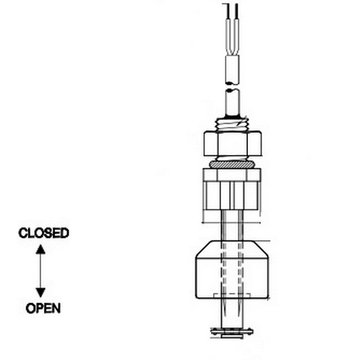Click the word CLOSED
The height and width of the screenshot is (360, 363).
(x=44, y=233)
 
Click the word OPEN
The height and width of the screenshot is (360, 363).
(x=43, y=308)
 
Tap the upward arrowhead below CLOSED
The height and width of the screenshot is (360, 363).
(x=41, y=249)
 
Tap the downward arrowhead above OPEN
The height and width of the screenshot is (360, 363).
(x=41, y=293)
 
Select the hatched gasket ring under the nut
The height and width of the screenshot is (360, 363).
(x=232, y=164)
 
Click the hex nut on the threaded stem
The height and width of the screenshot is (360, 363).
(x=233, y=143)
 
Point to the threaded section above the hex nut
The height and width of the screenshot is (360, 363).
(x=232, y=125)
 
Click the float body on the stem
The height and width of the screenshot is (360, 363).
(x=232, y=270)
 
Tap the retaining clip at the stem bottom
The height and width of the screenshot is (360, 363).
(x=232, y=333)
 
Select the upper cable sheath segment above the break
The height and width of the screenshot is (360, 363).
(x=232, y=69)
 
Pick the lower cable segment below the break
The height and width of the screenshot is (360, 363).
(x=232, y=102)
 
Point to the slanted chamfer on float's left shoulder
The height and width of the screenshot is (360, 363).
(x=203, y=249)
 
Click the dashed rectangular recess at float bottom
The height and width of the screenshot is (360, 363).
(x=232, y=296)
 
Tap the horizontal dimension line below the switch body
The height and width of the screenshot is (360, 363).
(x=232, y=223)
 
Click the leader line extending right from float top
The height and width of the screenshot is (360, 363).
(x=262, y=241)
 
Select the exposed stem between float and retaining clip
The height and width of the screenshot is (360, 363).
(x=232, y=314)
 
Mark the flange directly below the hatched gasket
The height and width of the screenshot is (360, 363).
(x=232, y=175)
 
